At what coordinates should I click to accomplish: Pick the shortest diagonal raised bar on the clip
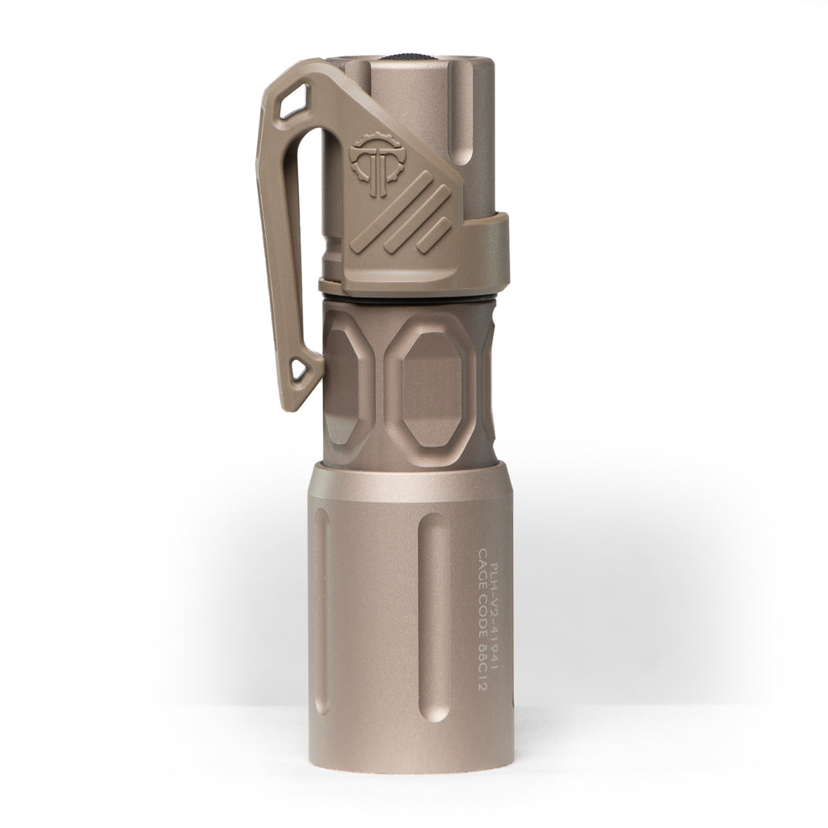point(434,234)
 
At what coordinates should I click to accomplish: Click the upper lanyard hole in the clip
point(294,102)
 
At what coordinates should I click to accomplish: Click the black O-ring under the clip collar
point(411,297)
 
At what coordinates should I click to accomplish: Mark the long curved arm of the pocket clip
point(271,242)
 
